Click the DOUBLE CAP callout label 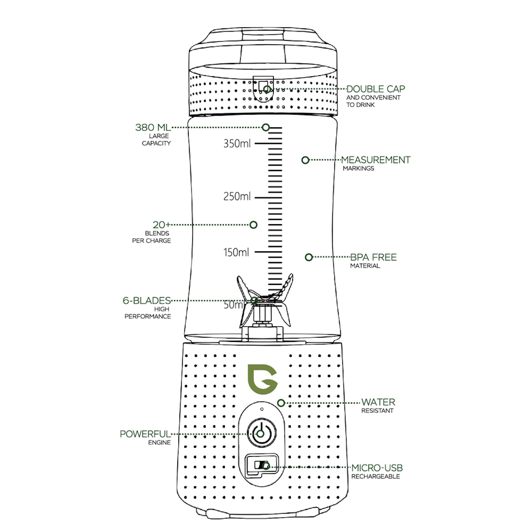[375, 89]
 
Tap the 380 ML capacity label [153, 127]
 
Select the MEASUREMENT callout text [376, 160]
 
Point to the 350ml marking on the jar [237, 144]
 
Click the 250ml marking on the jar [237, 196]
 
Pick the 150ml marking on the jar [236, 253]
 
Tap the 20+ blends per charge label [161, 225]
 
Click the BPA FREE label [373, 257]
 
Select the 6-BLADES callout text [147, 301]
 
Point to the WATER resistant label [378, 402]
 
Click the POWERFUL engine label [145, 434]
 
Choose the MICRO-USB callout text [377, 468]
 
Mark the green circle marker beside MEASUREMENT [305, 160]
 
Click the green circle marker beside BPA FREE [309, 257]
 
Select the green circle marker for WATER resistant [281, 403]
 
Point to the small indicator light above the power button [262, 409]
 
